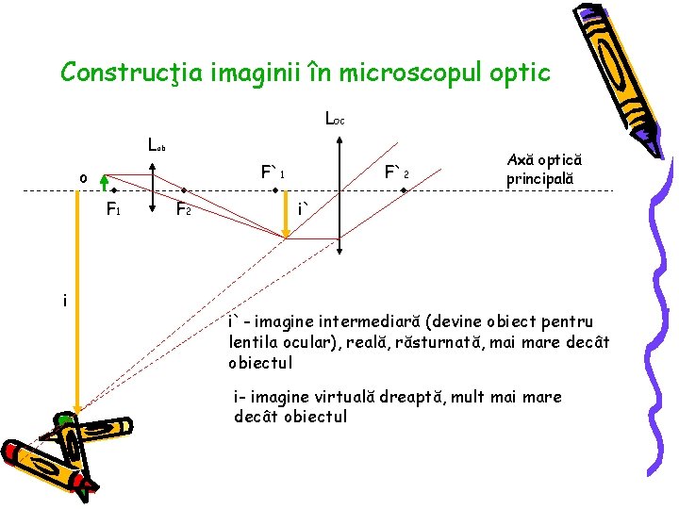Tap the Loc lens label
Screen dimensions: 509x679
pyautogui.click(x=334, y=120)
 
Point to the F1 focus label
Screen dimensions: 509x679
pyautogui.click(x=112, y=208)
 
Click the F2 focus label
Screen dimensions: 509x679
pyautogui.click(x=184, y=209)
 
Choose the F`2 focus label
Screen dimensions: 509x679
pyautogui.click(x=395, y=173)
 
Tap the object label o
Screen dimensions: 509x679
pyautogui.click(x=83, y=177)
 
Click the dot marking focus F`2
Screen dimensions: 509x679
pyautogui.click(x=403, y=190)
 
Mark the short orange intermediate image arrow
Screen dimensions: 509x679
pyautogui.click(x=287, y=215)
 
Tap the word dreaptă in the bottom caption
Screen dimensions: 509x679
pyautogui.click(x=444, y=397)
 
